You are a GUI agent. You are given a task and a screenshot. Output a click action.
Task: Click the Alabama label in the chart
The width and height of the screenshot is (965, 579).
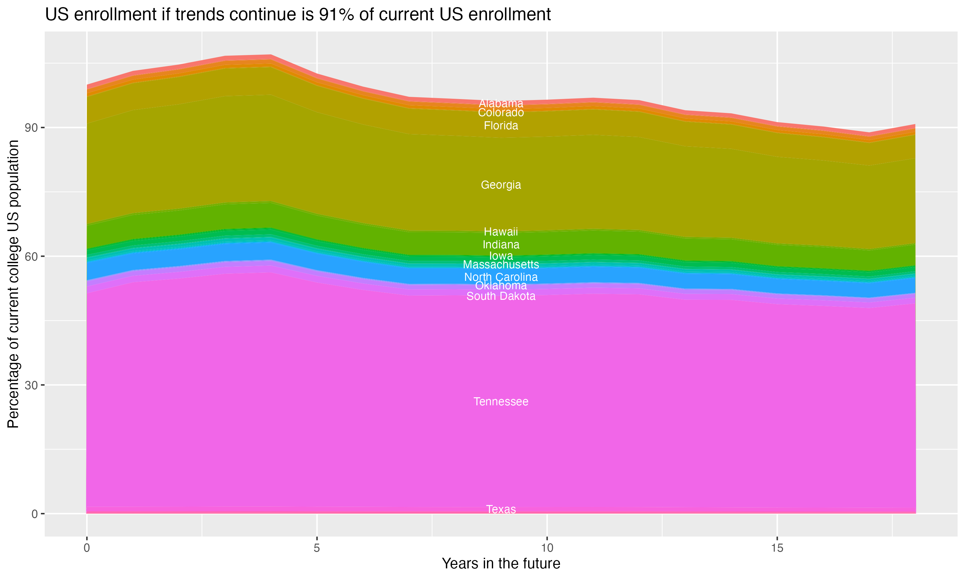pyautogui.click(x=501, y=103)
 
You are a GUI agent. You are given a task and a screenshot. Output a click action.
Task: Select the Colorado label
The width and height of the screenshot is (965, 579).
pyautogui.click(x=501, y=113)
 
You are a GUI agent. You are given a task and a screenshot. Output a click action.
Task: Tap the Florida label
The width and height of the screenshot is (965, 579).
pyautogui.click(x=501, y=126)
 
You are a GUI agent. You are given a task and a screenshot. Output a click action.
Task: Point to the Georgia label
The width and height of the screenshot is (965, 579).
pyautogui.click(x=501, y=185)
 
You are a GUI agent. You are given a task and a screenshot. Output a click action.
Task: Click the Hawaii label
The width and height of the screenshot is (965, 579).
pyautogui.click(x=501, y=232)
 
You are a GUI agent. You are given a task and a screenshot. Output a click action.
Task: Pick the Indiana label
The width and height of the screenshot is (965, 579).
pyautogui.click(x=501, y=245)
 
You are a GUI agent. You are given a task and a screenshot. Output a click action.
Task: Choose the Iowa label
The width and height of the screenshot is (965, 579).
pyautogui.click(x=501, y=256)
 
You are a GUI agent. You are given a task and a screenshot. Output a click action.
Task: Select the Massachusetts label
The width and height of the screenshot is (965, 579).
pyautogui.click(x=501, y=264)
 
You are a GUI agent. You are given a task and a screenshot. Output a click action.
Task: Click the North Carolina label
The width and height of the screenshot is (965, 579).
pyautogui.click(x=501, y=277)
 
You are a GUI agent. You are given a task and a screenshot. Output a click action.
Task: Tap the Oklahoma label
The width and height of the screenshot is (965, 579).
pyautogui.click(x=501, y=286)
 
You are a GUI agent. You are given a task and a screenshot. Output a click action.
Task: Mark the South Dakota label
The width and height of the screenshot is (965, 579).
pyautogui.click(x=501, y=296)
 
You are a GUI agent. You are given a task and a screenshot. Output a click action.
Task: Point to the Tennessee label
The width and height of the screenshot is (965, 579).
pyautogui.click(x=501, y=401)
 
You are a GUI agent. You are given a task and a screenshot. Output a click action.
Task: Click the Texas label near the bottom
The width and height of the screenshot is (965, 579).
pyautogui.click(x=501, y=509)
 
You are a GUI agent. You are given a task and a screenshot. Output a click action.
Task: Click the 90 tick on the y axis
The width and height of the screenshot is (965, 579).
pyautogui.click(x=31, y=128)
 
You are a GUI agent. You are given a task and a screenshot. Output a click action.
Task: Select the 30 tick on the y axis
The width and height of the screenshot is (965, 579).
pyautogui.click(x=31, y=385)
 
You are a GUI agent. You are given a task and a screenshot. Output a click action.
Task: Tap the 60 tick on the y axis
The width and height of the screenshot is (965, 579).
pyautogui.click(x=31, y=256)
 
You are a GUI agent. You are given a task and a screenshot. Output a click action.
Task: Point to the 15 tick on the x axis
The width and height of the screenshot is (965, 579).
pyautogui.click(x=777, y=548)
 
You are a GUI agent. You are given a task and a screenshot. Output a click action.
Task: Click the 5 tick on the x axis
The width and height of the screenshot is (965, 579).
pyautogui.click(x=317, y=548)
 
